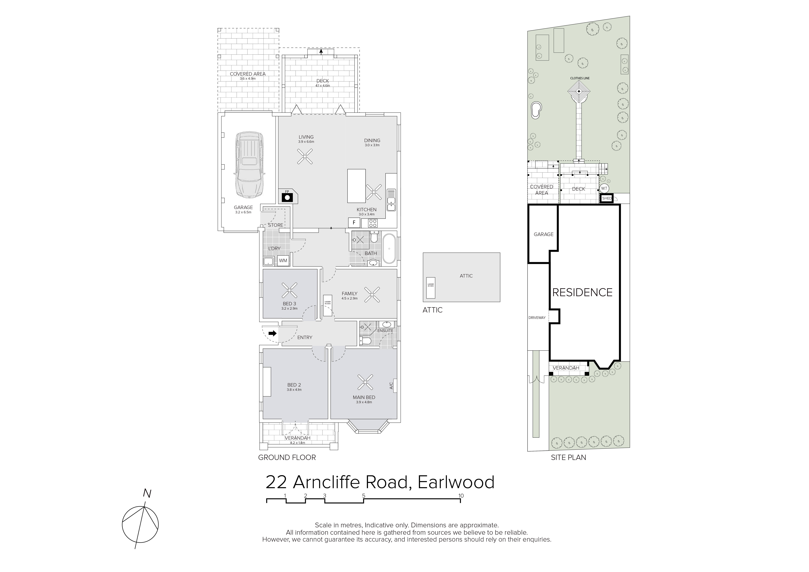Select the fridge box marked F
click(x=354, y=223)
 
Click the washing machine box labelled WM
click(x=283, y=260)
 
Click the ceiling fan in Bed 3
click(x=290, y=290)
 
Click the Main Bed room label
click(x=364, y=397)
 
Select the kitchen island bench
click(x=356, y=186)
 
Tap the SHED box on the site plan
click(x=607, y=198)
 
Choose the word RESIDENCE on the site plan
click(x=582, y=292)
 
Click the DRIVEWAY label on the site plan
click(x=537, y=318)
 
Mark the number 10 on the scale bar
click(x=461, y=496)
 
